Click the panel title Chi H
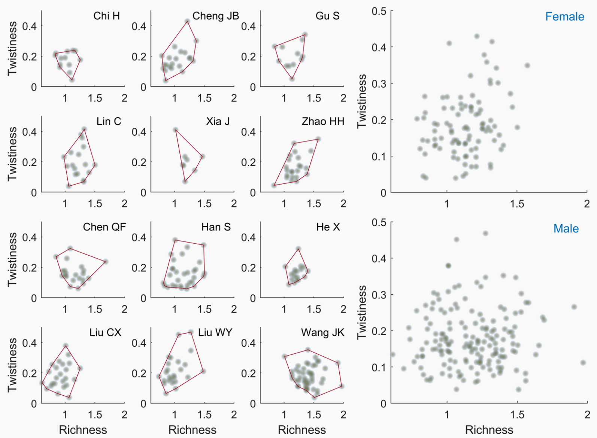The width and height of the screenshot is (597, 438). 106,16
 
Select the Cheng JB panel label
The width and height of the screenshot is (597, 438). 215,16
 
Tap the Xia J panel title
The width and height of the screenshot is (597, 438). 218,121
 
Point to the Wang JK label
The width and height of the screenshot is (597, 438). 322,332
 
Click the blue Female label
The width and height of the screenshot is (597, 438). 564,16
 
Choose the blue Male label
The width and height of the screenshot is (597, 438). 566,228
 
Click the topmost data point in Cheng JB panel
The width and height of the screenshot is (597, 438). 188,21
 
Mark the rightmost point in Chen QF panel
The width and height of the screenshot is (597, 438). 106,262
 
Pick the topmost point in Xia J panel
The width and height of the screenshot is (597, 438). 176,130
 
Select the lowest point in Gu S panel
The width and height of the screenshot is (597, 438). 292,79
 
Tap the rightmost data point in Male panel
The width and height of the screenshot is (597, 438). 583,362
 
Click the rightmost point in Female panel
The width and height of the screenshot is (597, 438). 527,66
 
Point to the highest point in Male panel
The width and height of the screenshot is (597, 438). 485,233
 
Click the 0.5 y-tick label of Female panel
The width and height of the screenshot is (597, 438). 379,11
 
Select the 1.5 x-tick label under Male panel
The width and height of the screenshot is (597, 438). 517,415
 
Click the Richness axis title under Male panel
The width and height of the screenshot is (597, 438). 489,430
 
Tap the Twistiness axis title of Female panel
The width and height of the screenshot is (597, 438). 362,101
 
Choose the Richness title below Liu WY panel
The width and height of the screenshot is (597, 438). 192,430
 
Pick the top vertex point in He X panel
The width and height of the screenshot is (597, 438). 298,249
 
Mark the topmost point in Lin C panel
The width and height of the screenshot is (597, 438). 84,129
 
